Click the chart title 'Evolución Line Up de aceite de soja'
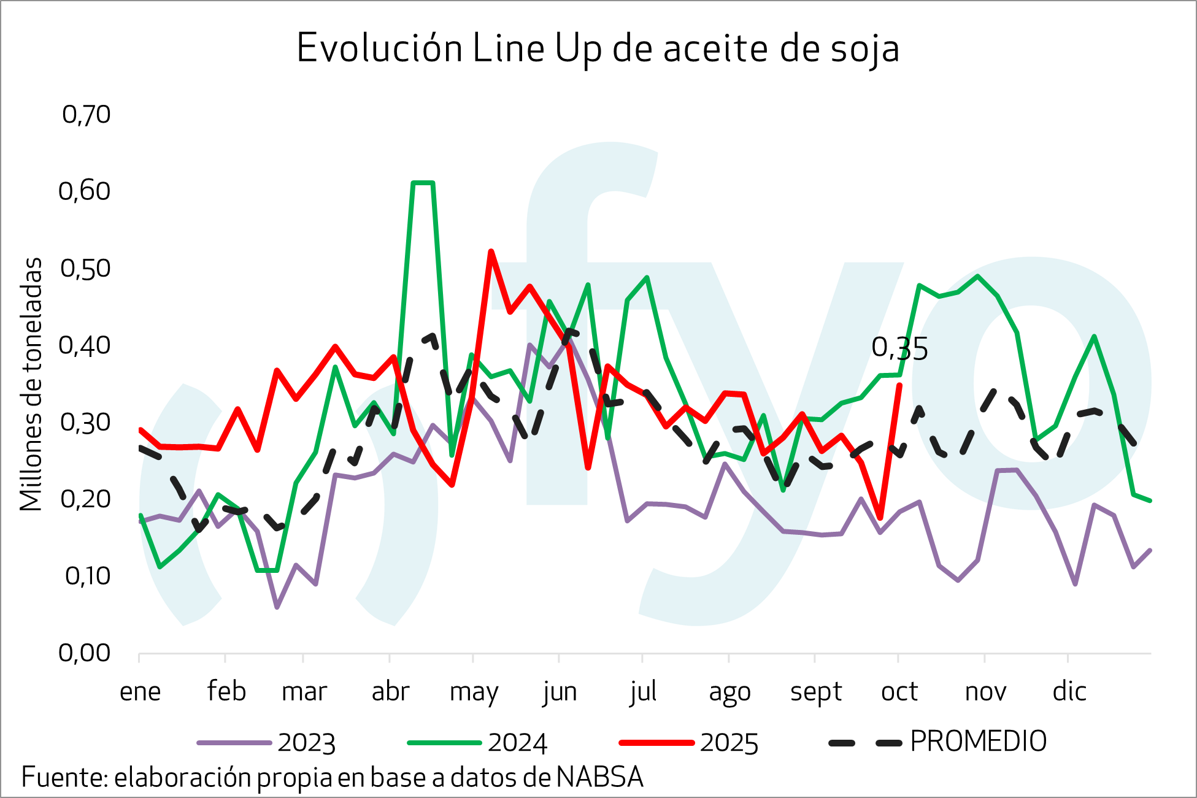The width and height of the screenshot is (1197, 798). pos(598,48)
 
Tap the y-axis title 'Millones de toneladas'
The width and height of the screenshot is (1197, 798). pos(31,384)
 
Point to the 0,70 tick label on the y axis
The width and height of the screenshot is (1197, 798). pos(86,115)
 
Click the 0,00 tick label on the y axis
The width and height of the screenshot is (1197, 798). pos(85,653)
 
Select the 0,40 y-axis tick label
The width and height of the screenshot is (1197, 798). pos(85,345)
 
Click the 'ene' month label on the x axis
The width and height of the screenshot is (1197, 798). pos(140,692)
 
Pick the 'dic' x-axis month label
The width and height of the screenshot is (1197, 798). pos(1069,692)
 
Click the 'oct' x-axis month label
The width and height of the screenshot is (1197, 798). pos(899,692)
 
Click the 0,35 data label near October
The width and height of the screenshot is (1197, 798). pos(899,349)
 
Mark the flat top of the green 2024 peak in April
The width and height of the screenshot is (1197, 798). pos(423,183)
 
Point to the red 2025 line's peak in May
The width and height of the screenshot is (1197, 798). pos(491,251)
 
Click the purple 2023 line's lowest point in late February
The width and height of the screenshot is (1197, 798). pos(277,607)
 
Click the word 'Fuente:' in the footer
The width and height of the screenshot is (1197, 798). pos(64,778)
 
